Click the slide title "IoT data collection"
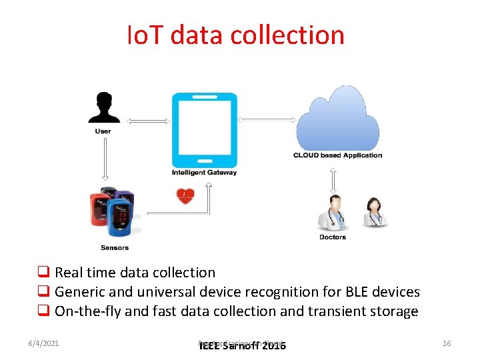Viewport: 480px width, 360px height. point(236,35)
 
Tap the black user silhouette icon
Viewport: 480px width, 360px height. point(103,108)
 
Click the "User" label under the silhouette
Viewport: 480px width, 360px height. point(103,131)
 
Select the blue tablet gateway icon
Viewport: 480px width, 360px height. point(204,130)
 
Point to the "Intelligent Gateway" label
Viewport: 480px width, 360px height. point(204,173)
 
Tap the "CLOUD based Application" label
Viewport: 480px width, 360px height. point(337,155)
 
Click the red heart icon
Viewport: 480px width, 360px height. point(185,196)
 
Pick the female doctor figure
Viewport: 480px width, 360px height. point(373,212)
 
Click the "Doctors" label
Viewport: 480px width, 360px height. point(333,237)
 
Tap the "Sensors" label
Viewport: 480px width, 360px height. point(115,248)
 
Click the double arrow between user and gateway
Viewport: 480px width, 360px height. point(145,121)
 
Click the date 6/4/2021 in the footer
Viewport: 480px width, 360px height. point(45,343)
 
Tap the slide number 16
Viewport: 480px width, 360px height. point(447,343)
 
